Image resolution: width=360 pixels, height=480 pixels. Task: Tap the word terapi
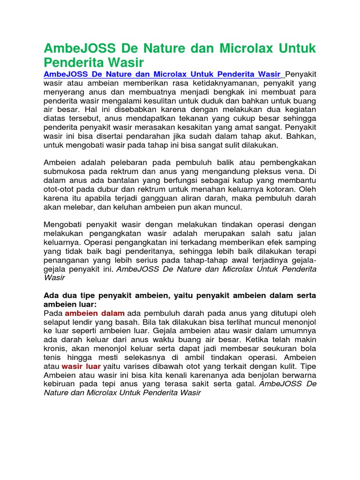coord(305,251)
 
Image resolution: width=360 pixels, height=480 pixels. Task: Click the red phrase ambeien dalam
coord(94,313)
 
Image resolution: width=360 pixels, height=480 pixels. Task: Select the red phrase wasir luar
coord(81,367)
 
